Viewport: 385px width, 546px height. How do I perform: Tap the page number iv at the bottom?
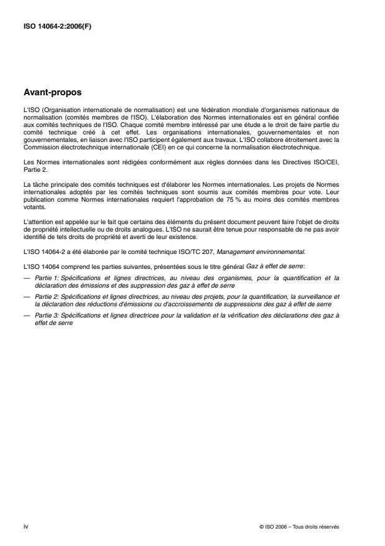click(25, 526)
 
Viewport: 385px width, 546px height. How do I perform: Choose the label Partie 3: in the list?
click(47, 316)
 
